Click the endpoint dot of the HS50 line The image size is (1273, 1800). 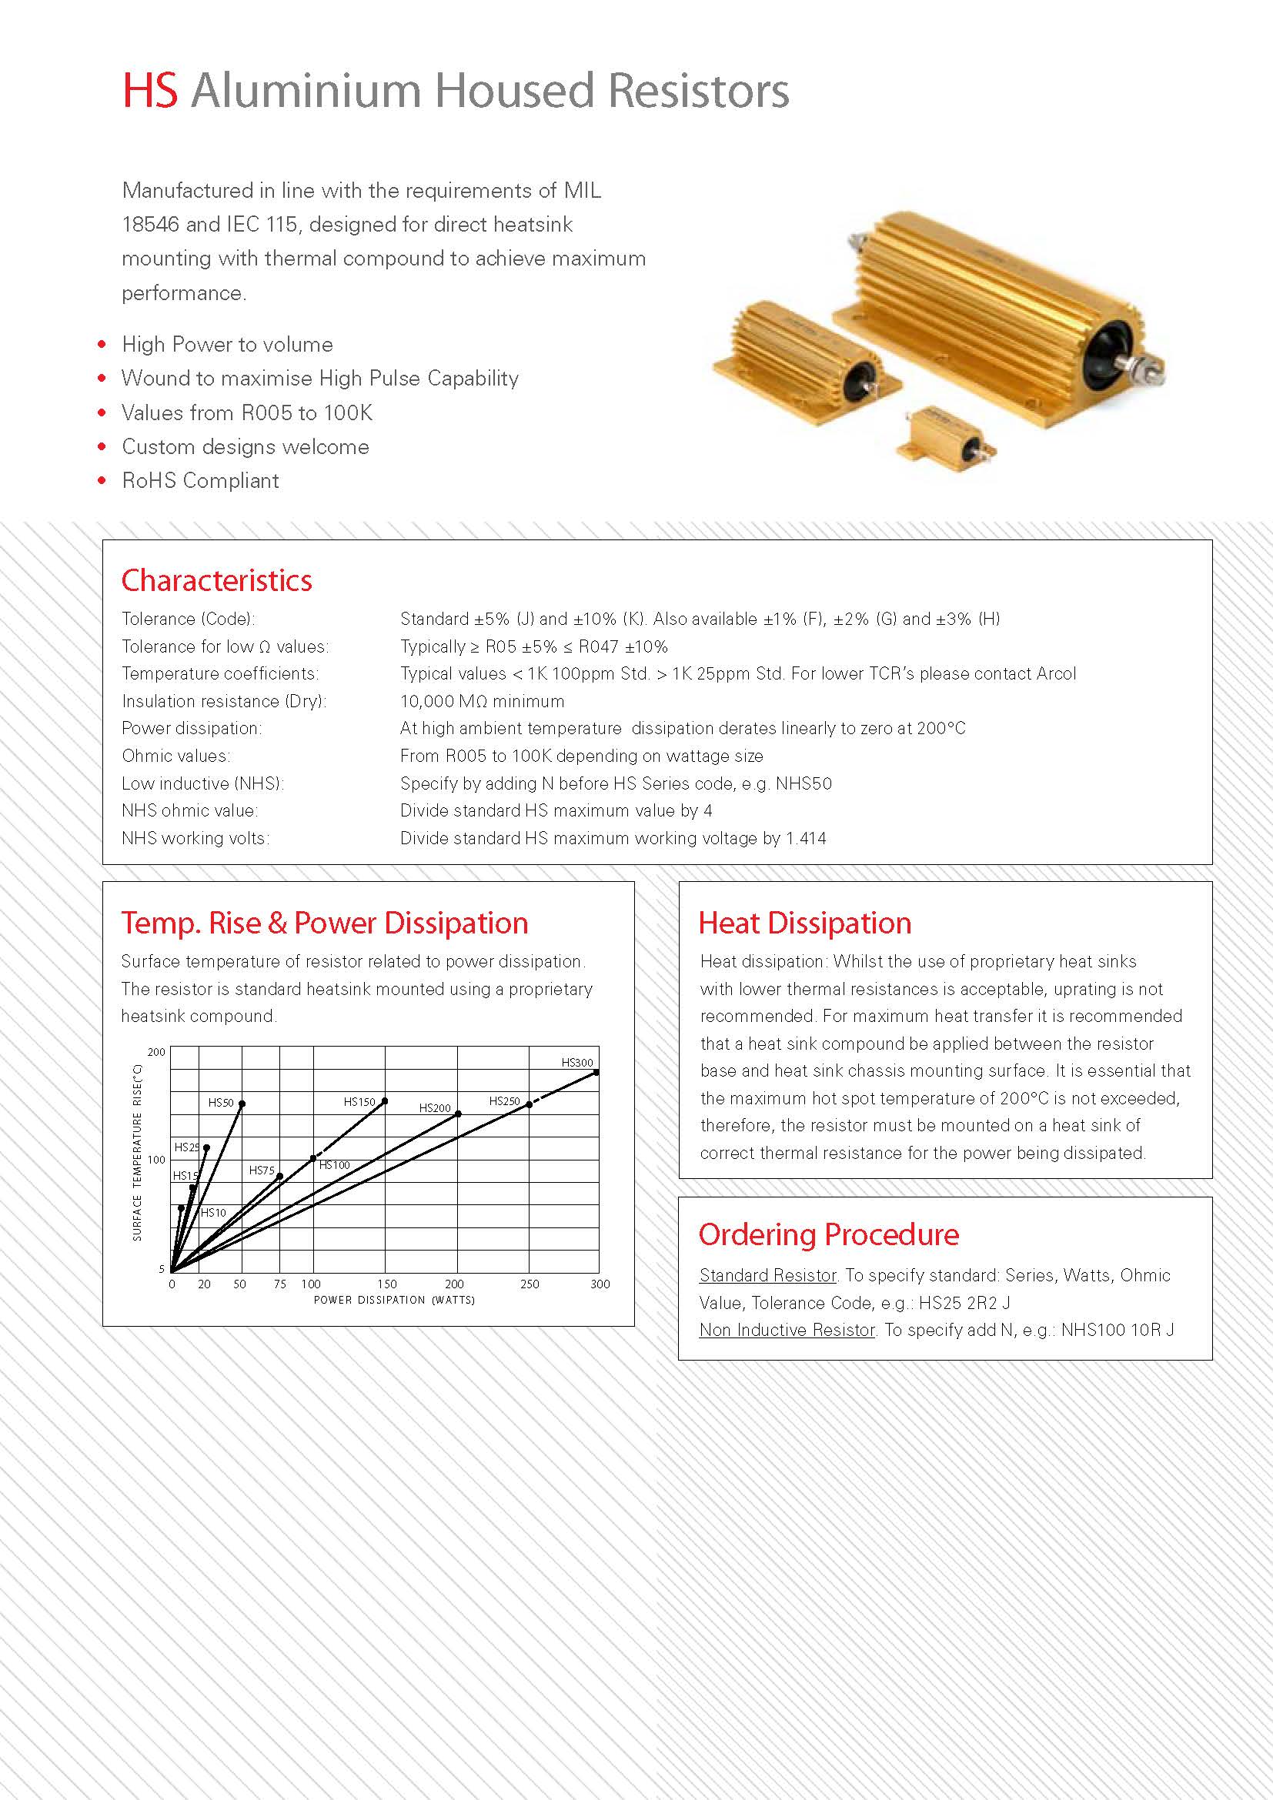coord(242,1104)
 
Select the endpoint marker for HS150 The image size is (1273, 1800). coord(385,1101)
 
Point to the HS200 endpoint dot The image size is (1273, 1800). coord(459,1114)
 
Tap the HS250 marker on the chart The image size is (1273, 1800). coord(529,1104)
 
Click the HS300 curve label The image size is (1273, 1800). coord(577,1063)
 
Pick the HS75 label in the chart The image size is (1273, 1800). coord(262,1171)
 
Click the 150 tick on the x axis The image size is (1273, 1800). coord(387,1284)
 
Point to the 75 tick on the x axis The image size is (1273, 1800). coord(280,1284)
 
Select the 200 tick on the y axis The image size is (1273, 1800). coord(157,1052)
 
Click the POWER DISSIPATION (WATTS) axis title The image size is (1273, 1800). coord(394,1300)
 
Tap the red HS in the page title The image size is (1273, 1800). coord(151,91)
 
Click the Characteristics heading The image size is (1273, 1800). coord(216,580)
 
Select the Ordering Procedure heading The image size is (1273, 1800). coord(829,1234)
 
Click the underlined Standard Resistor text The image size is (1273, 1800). coord(767,1275)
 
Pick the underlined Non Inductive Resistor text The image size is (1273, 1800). coord(787,1330)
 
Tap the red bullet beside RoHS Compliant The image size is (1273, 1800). coord(102,480)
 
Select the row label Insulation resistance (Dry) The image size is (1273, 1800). coord(224,701)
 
